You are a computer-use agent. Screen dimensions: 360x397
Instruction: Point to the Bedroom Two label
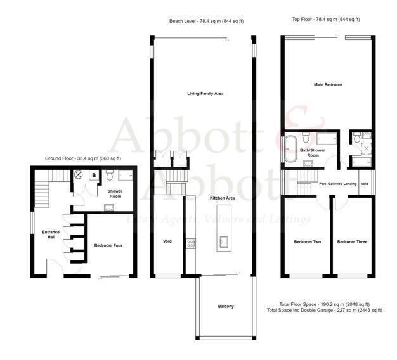pyautogui.click(x=306, y=242)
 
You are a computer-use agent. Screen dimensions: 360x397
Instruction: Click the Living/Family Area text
pyautogui.click(x=205, y=94)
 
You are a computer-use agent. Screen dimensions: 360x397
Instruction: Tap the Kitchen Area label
pyautogui.click(x=223, y=198)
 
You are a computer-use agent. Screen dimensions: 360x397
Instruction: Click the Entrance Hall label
pyautogui.click(x=51, y=235)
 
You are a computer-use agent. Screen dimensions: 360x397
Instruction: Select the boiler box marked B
pyautogui.click(x=94, y=175)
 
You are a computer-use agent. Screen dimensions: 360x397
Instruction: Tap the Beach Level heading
pyautogui.click(x=206, y=21)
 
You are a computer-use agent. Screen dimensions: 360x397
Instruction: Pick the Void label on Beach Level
pyautogui.click(x=167, y=241)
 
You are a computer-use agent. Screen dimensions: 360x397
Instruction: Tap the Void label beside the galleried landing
pyautogui.click(x=364, y=184)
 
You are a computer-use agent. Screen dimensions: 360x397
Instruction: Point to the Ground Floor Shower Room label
pyautogui.click(x=115, y=193)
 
